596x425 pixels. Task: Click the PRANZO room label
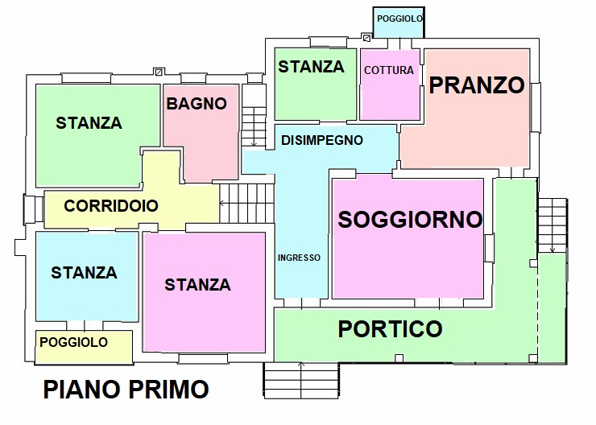click(x=477, y=86)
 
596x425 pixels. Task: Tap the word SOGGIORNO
click(x=410, y=220)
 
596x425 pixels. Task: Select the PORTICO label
click(x=390, y=328)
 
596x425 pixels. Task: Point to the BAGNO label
click(x=197, y=104)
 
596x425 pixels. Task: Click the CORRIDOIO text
click(x=111, y=206)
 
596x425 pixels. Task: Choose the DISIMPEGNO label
click(x=321, y=140)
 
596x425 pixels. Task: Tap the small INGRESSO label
click(x=299, y=258)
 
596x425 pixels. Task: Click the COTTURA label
click(x=389, y=70)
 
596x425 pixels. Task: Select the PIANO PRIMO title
click(x=126, y=390)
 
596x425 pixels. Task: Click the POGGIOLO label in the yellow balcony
click(x=73, y=343)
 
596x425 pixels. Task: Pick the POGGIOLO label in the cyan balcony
click(x=399, y=18)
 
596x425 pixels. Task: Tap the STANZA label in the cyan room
click(x=84, y=273)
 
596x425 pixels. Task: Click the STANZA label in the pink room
click(x=197, y=285)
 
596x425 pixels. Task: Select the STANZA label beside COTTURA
click(x=311, y=68)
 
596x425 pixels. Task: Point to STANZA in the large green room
click(x=89, y=123)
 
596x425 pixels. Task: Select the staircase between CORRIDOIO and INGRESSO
click(x=247, y=204)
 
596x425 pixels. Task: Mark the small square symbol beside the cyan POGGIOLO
click(x=367, y=36)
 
